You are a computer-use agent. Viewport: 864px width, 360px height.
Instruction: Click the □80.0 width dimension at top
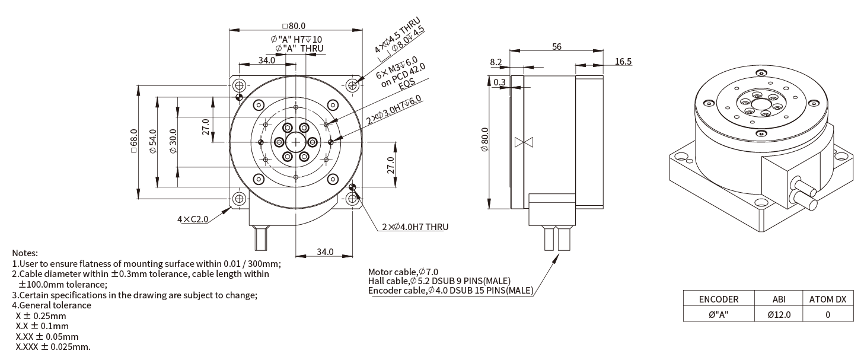(294, 26)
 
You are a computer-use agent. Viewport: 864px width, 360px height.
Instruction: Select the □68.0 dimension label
(135, 141)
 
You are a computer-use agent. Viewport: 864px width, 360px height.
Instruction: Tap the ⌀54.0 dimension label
(154, 141)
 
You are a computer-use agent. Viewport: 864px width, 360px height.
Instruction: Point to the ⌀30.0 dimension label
(173, 141)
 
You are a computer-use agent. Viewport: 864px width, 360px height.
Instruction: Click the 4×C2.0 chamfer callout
(193, 219)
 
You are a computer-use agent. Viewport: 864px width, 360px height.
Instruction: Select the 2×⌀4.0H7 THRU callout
(415, 227)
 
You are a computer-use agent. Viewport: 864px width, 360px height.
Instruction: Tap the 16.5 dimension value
(623, 62)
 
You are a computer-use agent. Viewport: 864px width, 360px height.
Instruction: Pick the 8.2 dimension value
(496, 62)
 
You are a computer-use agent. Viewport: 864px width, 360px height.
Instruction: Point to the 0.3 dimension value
(499, 82)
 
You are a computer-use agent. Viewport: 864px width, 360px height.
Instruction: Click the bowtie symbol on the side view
(524, 142)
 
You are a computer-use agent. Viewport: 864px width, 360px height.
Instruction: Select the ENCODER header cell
(719, 300)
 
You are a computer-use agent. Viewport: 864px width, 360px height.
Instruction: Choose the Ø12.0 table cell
(779, 314)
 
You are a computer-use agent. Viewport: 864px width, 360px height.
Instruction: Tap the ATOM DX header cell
(828, 300)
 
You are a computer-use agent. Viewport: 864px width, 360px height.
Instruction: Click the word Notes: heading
(25, 253)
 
